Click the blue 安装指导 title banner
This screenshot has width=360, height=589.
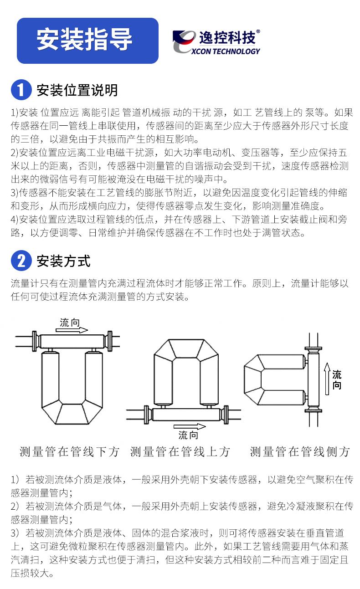pyautogui.click(x=87, y=41)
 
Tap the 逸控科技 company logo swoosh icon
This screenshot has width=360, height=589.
pyautogui.click(x=184, y=41)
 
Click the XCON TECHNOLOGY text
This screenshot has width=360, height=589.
pyautogui.click(x=226, y=51)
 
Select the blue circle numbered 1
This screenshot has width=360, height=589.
pyautogui.click(x=21, y=90)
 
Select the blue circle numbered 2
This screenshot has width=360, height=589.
pyautogui.click(x=21, y=260)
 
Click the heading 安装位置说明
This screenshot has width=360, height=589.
pyautogui.click(x=77, y=90)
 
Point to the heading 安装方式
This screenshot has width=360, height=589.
pyautogui.click(x=63, y=261)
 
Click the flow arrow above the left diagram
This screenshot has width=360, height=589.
pyautogui.click(x=72, y=330)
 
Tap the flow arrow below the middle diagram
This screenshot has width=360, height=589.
pyautogui.click(x=190, y=426)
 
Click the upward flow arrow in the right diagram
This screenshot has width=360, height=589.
pyautogui.click(x=327, y=379)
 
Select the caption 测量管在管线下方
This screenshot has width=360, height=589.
pyautogui.click(x=69, y=452)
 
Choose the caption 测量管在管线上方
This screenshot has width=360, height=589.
pyautogui.click(x=180, y=452)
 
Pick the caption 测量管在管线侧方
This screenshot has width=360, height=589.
pyautogui.click(x=299, y=452)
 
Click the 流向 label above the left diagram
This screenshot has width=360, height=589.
pyautogui.click(x=70, y=323)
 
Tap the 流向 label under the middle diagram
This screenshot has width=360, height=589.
pyautogui.click(x=188, y=435)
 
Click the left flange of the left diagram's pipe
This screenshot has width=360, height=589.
pyautogui.click(x=35, y=341)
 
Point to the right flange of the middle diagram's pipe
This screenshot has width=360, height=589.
pyautogui.click(x=226, y=415)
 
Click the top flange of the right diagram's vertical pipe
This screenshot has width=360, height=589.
pyautogui.click(x=313, y=348)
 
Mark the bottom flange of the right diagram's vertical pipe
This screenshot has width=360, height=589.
pyautogui.click(x=313, y=410)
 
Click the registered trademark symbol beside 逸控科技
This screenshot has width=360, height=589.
pyautogui.click(x=258, y=31)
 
